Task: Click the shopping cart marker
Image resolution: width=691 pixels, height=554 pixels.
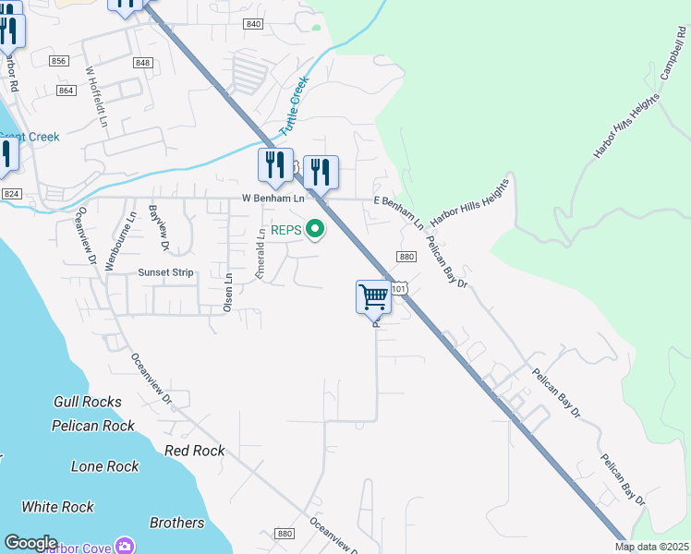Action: pyautogui.click(x=373, y=297)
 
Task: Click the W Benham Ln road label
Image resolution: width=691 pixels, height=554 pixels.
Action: pyautogui.click(x=273, y=199)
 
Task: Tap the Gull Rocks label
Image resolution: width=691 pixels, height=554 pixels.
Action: pyautogui.click(x=88, y=402)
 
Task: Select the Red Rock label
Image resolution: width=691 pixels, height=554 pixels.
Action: pyautogui.click(x=194, y=451)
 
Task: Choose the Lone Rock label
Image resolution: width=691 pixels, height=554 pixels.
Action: pyautogui.click(x=105, y=466)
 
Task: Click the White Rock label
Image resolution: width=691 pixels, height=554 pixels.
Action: pyautogui.click(x=57, y=507)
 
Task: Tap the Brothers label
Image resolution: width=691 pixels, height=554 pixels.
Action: pyautogui.click(x=176, y=523)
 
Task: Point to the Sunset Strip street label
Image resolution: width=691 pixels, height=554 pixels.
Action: pyautogui.click(x=165, y=272)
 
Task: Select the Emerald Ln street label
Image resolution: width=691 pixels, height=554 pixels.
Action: pyautogui.click(x=261, y=254)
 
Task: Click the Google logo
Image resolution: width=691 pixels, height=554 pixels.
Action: pyautogui.click(x=30, y=543)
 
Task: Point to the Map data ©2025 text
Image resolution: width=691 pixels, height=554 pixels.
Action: pyautogui.click(x=651, y=547)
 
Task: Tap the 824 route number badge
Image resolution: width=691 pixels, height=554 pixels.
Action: pyautogui.click(x=11, y=194)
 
